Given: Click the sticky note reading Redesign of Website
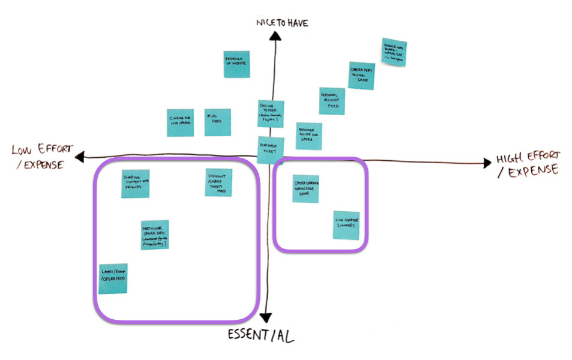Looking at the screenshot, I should point(236,64).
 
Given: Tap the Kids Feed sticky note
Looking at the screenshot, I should point(217,122).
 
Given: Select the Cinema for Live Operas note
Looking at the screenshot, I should point(180,122).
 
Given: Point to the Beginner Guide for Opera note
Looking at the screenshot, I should point(309,136).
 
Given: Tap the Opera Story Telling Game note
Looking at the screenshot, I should point(362,76).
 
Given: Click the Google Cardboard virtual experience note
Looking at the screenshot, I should point(394,53).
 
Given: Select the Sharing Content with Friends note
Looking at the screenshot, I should point(135,183).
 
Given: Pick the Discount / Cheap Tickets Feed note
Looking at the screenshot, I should point(218,181).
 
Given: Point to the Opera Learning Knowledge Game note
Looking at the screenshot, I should point(306,188).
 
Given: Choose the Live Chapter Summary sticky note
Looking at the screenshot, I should point(346,225).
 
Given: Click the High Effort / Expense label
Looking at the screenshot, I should point(528,165).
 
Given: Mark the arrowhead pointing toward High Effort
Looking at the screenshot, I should point(487,162).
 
